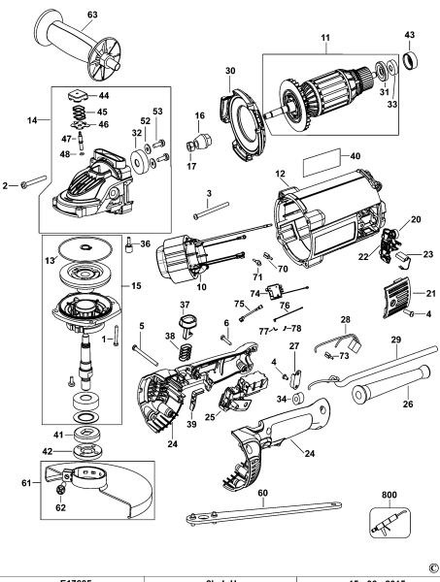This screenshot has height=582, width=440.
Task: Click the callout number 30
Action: click(x=230, y=70)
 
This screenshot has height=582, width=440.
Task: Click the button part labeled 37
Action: click(x=186, y=319)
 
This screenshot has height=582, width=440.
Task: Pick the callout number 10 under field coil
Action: click(x=203, y=287)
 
